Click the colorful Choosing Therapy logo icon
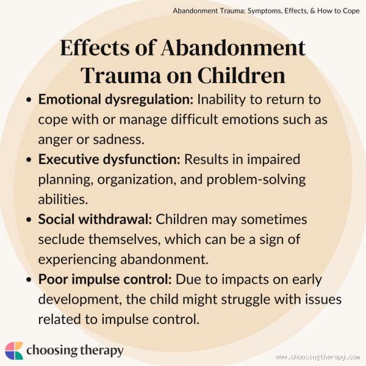click(x=15, y=350)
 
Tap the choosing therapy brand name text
click(x=75, y=351)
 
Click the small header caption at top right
click(x=266, y=11)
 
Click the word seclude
click(x=60, y=239)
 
